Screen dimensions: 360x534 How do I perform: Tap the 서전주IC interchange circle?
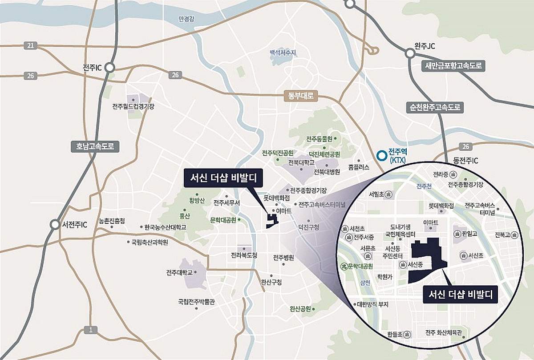click(x=55, y=224)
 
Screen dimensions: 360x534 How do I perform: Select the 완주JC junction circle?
click(x=410, y=53)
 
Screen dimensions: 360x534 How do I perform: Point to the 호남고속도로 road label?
click(x=95, y=146)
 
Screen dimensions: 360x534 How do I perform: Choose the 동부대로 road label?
click(x=301, y=95)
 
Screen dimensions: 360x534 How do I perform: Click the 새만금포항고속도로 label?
click(x=453, y=66)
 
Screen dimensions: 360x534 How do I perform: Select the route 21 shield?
click(x=30, y=46)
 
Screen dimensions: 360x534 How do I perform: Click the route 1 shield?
click(x=91, y=330)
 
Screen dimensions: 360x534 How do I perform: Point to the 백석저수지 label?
click(x=283, y=53)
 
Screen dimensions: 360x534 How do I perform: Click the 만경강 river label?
click(x=186, y=19)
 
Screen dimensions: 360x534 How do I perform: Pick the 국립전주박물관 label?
click(x=196, y=302)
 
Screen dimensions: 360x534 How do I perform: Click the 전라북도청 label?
click(x=244, y=256)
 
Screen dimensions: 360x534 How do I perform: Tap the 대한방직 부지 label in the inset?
click(x=373, y=305)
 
